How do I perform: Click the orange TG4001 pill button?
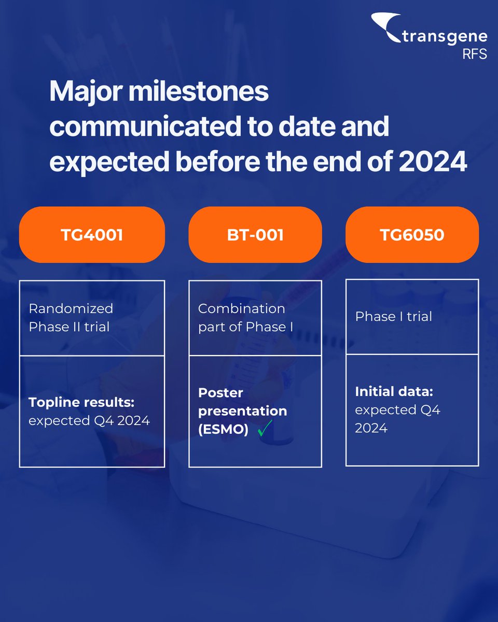(x=92, y=235)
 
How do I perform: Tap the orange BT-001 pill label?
(x=255, y=235)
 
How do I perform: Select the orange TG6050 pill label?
(x=412, y=235)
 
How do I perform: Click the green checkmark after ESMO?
(x=265, y=429)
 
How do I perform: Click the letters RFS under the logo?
(x=475, y=54)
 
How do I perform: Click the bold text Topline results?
(x=81, y=403)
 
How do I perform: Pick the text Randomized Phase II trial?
(x=71, y=317)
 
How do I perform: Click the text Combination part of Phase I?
(x=242, y=317)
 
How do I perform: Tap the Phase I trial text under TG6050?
(x=393, y=316)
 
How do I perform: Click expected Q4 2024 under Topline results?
(x=89, y=420)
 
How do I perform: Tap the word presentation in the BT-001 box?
(x=242, y=411)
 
